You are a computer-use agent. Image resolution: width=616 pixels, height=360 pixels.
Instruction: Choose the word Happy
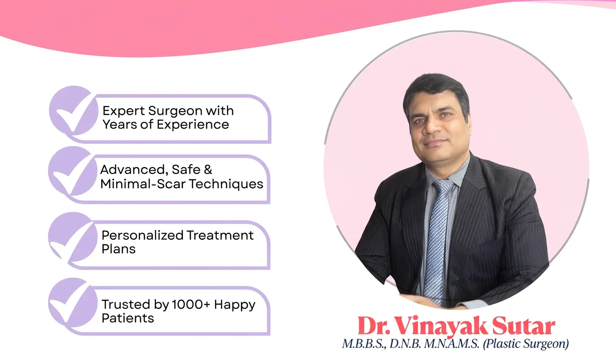(x=234, y=304)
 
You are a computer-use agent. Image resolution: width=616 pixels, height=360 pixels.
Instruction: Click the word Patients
(x=128, y=318)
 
